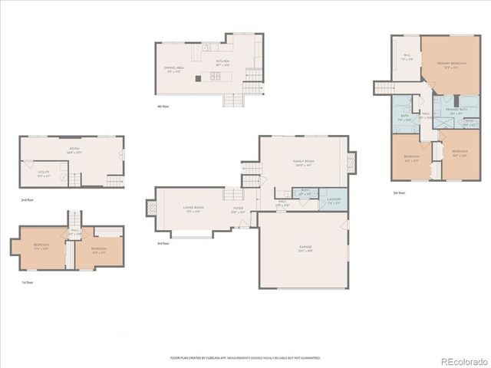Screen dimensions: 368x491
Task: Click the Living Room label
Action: point(193,209)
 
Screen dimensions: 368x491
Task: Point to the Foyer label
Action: point(239,209)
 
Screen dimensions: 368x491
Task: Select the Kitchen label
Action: point(222,62)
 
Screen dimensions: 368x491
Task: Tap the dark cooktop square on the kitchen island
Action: point(199,77)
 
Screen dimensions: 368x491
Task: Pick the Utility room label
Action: point(44,174)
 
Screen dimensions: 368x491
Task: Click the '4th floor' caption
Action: point(163,106)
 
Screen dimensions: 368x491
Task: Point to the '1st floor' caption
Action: point(27,282)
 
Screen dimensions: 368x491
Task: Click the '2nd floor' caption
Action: point(27,199)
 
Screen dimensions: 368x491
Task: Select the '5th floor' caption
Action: point(399,192)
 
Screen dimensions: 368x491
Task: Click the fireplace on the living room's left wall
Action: point(150,208)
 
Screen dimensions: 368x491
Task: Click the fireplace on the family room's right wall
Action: point(352,162)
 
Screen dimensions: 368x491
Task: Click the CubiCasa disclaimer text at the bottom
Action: point(245,357)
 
